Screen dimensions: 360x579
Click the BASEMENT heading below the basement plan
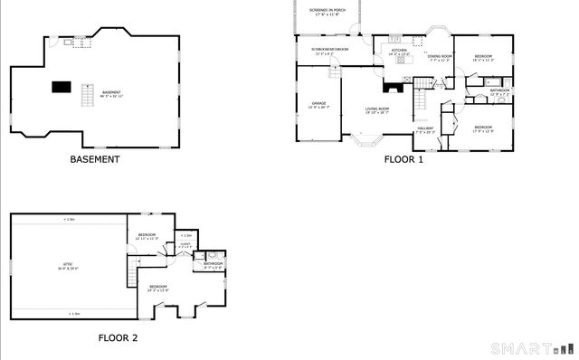(95, 159)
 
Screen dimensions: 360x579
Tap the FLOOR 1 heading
(403, 159)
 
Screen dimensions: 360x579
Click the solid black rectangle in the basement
(61, 87)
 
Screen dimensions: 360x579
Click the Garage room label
(318, 106)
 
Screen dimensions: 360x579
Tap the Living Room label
(377, 110)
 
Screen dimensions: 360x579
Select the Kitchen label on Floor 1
(399, 51)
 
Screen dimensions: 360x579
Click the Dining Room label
(440, 58)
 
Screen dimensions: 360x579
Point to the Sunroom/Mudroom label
(331, 52)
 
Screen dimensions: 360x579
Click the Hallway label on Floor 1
(425, 129)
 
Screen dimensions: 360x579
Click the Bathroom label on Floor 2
(213, 264)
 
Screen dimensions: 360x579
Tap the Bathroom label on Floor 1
(499, 90)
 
